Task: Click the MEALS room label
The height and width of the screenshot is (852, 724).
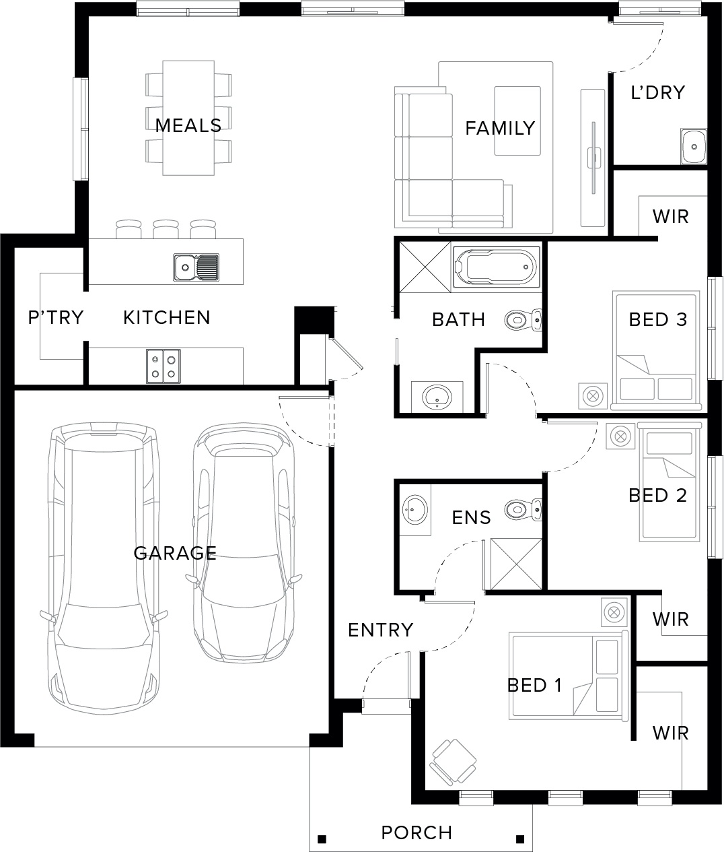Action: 188,125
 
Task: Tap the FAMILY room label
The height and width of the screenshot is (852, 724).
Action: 500,128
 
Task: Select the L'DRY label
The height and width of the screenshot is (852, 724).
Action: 657,92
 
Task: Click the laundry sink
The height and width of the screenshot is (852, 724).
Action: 694,146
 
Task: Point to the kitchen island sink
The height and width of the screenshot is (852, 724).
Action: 196,267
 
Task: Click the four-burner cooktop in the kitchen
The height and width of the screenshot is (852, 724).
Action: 164,366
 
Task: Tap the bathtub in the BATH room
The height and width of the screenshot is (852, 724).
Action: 497,267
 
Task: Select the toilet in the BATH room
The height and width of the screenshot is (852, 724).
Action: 523,319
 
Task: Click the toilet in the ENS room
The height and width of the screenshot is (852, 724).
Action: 523,510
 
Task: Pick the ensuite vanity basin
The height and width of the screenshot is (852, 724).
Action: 414,510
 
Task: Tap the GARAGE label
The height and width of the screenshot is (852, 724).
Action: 175,553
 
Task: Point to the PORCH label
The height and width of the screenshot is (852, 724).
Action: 417,832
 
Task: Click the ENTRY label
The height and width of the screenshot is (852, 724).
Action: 381,630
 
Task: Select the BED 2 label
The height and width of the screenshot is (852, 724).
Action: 657,496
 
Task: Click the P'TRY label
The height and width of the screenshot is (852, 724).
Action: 56,317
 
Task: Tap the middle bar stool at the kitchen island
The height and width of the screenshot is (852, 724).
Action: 166,229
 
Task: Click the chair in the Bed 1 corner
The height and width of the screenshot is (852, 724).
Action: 453,762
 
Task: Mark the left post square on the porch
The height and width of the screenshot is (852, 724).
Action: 322,839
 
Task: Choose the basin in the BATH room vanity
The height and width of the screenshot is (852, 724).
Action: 437,397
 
